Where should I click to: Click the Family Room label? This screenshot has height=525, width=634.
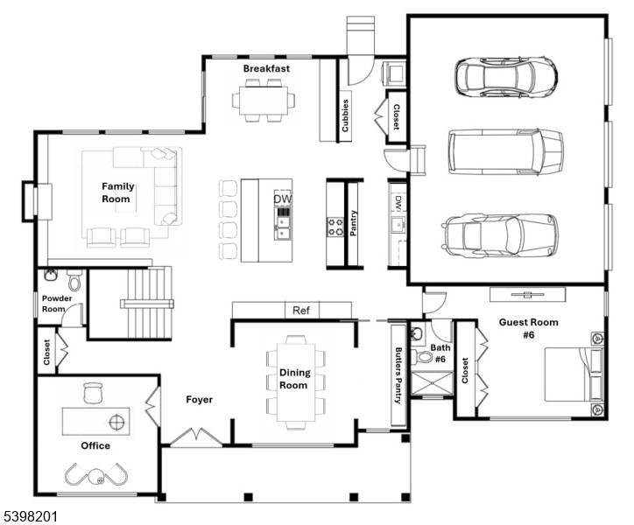(x=116, y=192)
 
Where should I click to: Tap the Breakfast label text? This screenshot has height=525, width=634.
(x=266, y=68)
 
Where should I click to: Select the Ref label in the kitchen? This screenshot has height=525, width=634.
(x=300, y=311)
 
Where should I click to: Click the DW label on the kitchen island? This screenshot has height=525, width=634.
(x=282, y=199)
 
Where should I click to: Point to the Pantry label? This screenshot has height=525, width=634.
(x=355, y=224)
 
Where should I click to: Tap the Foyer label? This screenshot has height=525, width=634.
(x=200, y=400)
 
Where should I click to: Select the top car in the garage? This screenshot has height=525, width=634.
(x=505, y=77)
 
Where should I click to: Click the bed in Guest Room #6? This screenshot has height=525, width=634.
(x=574, y=373)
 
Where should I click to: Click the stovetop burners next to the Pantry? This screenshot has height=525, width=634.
(x=336, y=227)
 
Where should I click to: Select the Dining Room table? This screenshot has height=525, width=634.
(x=295, y=381)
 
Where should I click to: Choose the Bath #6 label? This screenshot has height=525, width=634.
(x=439, y=353)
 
